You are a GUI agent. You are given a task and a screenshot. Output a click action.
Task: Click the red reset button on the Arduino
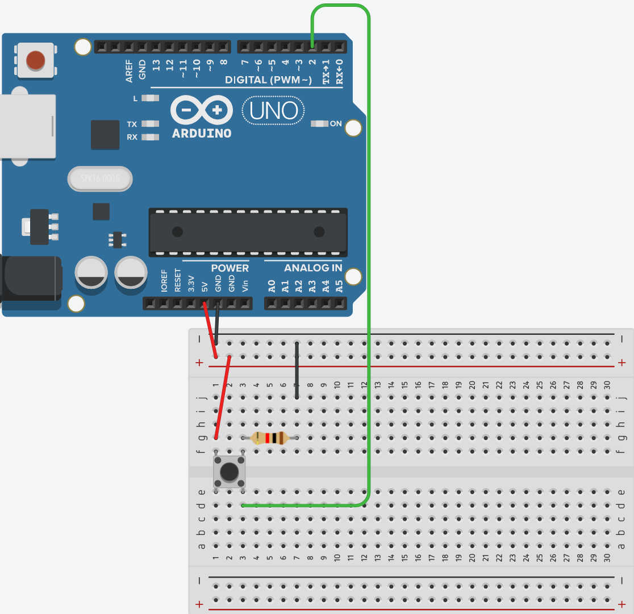coord(35,60)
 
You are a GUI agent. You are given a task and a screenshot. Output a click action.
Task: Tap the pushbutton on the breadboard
coord(229,471)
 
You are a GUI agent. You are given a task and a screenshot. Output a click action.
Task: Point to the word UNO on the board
coord(274,111)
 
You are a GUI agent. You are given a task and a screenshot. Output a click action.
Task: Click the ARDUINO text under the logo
coord(202,134)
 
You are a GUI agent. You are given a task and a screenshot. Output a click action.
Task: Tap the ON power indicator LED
coord(319,123)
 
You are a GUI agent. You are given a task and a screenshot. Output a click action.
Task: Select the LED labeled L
coord(150,98)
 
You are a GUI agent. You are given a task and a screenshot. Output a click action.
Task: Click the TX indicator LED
coord(150,123)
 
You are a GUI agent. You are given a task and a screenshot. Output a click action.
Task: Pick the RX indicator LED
coord(150,136)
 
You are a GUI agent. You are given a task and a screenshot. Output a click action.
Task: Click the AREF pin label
coord(129,70)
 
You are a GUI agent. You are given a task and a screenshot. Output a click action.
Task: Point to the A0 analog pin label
coord(272,286)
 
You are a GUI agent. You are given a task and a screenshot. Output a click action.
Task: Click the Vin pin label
coord(245,285)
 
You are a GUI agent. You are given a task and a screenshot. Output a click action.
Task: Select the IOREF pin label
coord(164,281)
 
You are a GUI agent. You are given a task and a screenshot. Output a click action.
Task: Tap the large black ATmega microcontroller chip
coord(248,231)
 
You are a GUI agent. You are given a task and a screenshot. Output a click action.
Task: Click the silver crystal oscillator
coord(100,179)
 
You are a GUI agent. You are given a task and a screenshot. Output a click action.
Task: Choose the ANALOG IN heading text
coord(313,268)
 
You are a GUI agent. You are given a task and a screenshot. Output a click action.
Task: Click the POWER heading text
coord(230,268)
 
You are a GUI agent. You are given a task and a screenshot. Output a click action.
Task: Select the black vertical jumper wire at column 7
coord(297,370)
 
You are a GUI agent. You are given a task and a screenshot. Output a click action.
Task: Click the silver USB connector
coord(27,126)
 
